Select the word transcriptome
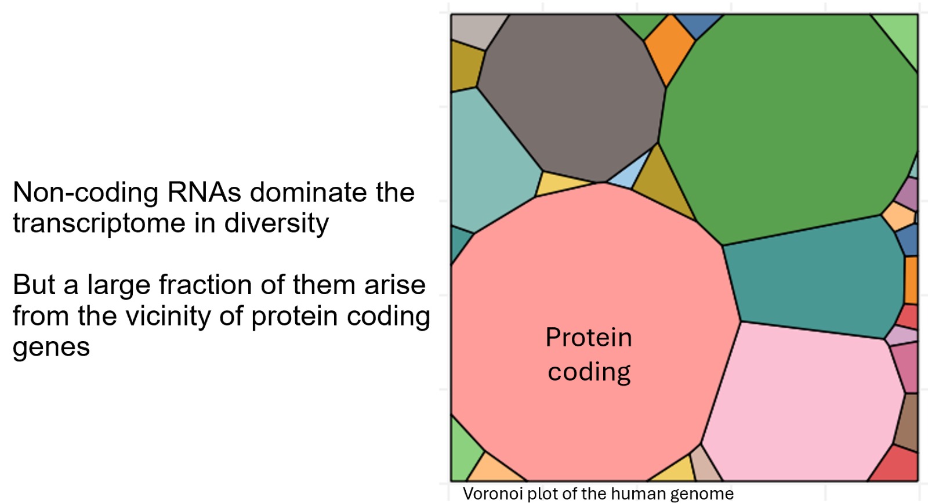[99, 224]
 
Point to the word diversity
[276, 224]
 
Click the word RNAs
[204, 193]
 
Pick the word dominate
[308, 192]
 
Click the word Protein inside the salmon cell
[589, 337]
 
